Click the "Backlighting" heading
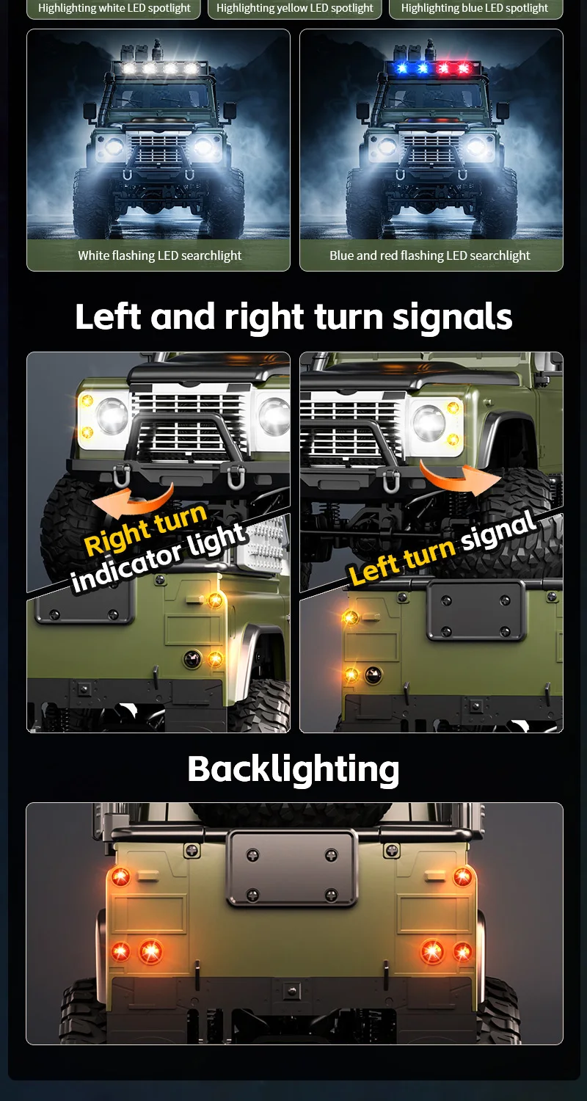click(293, 769)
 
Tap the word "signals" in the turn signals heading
click(453, 316)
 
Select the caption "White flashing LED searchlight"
click(160, 255)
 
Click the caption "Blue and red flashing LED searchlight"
click(430, 255)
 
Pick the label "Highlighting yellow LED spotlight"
click(295, 8)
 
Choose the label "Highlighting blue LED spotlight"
click(475, 8)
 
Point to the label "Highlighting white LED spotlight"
click(114, 8)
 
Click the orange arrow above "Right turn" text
click(133, 501)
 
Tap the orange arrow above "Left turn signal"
click(459, 479)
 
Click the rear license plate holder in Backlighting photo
click(292, 868)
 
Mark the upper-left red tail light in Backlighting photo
click(120, 876)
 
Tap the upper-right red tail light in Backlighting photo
click(462, 876)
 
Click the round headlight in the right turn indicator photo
click(112, 416)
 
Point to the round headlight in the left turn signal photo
click(429, 422)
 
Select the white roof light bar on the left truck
click(160, 68)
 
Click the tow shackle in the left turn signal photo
click(392, 480)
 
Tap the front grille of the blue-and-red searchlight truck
click(431, 149)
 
